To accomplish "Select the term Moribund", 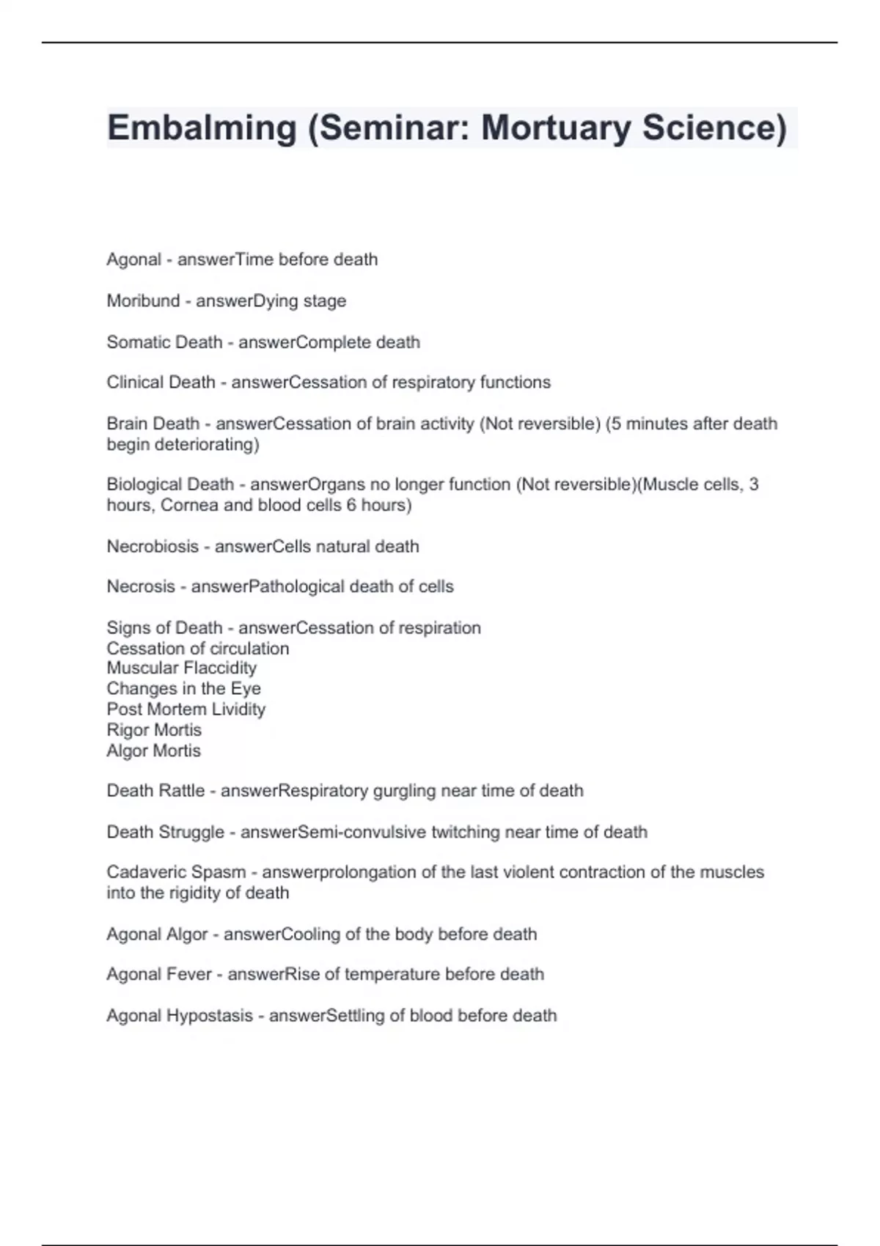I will tap(143, 301).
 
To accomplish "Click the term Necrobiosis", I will tap(153, 547).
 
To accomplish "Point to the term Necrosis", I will tap(141, 587).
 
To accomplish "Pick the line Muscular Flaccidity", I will tap(181, 668).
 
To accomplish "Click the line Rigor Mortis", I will tap(154, 730).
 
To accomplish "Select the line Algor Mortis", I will tap(153, 751).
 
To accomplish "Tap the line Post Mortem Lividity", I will tap(186, 709).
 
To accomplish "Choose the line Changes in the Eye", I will tap(183, 689).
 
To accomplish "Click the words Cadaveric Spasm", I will tap(176, 872).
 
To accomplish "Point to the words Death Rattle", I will tap(155, 791).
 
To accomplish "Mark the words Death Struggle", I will tap(165, 833).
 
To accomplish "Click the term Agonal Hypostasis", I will tap(180, 1016).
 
